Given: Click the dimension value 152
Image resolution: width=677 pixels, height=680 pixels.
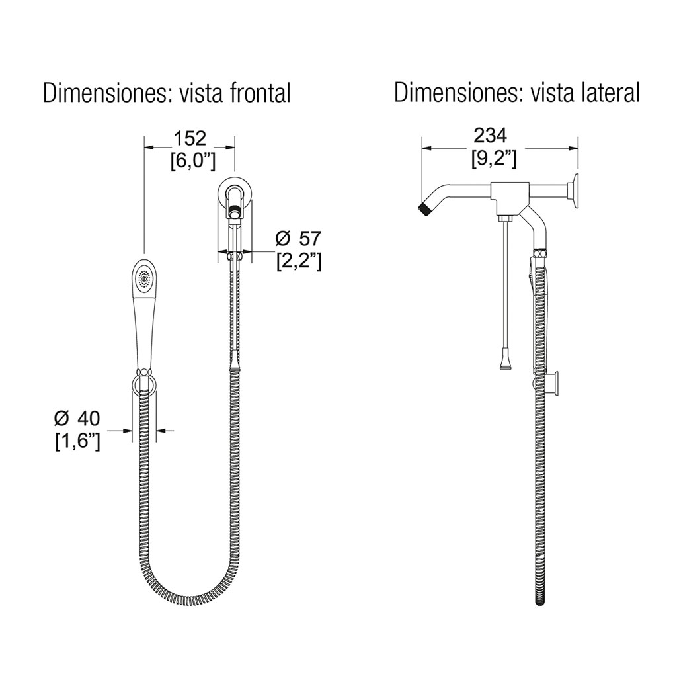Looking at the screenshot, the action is [190, 138].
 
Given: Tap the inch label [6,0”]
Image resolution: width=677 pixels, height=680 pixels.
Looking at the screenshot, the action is [193, 161].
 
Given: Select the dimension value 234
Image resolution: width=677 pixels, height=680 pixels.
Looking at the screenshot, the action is [490, 136].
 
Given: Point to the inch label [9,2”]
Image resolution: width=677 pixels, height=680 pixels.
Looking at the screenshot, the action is [494, 159].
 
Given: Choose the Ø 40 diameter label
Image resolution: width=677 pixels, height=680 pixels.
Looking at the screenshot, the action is [77, 419].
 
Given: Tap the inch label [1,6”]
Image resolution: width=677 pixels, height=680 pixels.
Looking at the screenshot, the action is [77, 441].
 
